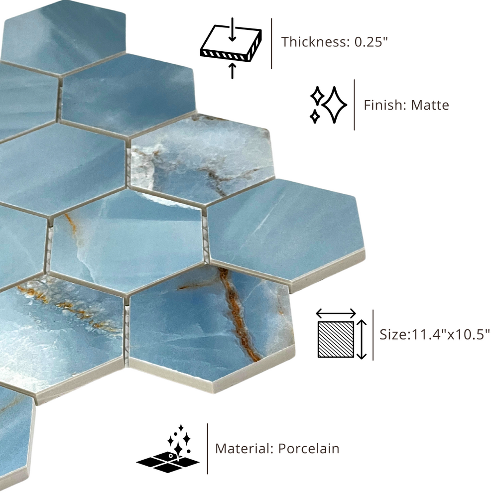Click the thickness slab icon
coord(231,44)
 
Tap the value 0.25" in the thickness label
coord(372,42)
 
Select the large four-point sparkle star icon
coord(334,104)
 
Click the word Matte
coord(430,105)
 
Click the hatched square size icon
coord(336,339)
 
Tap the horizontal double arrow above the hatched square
coord(336,314)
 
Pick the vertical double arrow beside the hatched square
coord(362,340)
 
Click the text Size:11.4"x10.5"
coord(435,335)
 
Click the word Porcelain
coord(309,449)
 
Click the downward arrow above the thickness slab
coord(233,29)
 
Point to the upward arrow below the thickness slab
coord(233,71)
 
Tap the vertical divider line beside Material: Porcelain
coord(207,449)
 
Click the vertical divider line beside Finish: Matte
coord(355,105)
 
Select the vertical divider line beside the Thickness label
coord(271,43)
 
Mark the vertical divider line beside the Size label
coord(373,335)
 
